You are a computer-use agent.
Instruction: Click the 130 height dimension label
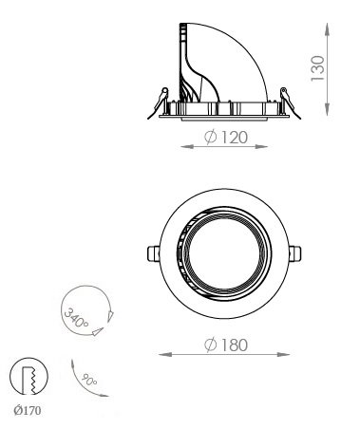click(x=318, y=68)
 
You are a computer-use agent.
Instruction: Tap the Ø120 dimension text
click(x=225, y=138)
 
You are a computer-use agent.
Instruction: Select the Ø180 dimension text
click(x=225, y=345)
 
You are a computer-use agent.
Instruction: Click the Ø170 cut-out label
click(x=28, y=411)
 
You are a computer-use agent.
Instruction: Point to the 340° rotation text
click(x=76, y=318)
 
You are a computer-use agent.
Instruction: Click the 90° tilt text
click(x=89, y=380)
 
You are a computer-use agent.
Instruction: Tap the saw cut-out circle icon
click(x=28, y=377)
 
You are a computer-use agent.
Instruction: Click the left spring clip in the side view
click(x=159, y=103)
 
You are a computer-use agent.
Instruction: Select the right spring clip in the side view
click(x=290, y=103)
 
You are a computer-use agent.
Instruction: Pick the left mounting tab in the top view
click(x=154, y=253)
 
